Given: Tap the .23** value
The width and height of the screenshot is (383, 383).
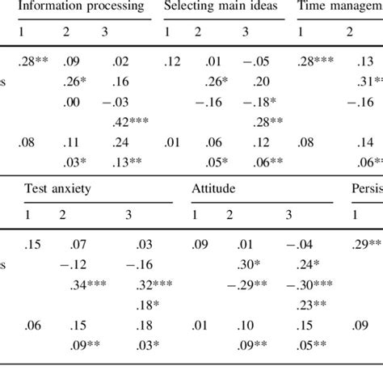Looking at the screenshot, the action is pos(309,305).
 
